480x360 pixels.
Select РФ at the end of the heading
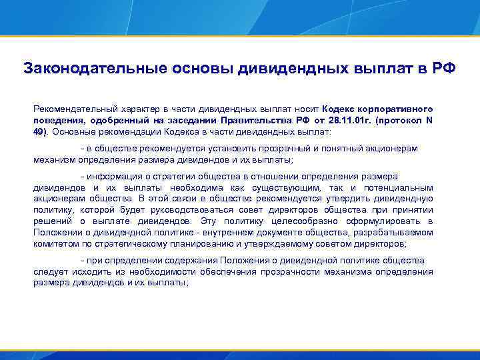443,69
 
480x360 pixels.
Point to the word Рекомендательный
75,108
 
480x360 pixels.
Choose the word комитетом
55,243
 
